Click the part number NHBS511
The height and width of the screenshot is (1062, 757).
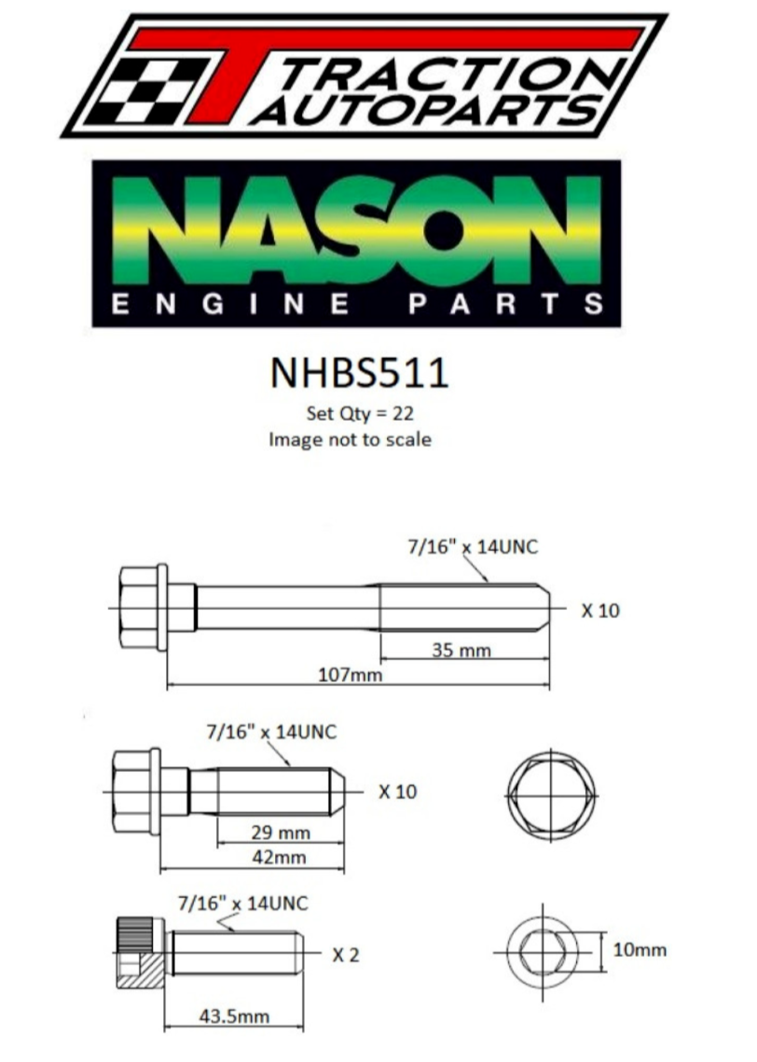click(x=359, y=373)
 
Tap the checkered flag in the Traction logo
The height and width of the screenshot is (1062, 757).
click(x=145, y=90)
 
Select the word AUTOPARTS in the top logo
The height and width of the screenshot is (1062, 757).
click(x=427, y=109)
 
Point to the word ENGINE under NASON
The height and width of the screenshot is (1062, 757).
click(x=230, y=304)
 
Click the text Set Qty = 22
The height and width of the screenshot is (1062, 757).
click(x=360, y=413)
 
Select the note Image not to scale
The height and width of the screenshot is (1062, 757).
click(x=350, y=439)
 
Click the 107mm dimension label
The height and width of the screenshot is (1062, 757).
click(x=350, y=674)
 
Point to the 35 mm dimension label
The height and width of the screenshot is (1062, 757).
click(x=461, y=650)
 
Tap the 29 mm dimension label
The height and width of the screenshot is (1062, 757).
click(x=281, y=833)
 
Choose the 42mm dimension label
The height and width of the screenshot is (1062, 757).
click(x=279, y=858)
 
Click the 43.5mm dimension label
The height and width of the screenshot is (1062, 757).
click(x=234, y=1016)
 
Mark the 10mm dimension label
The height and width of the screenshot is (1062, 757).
click(x=640, y=949)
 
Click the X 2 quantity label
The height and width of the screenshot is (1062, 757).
click(x=345, y=955)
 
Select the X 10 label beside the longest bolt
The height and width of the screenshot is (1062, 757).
click(x=600, y=610)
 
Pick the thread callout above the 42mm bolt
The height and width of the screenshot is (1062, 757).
click(x=271, y=732)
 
